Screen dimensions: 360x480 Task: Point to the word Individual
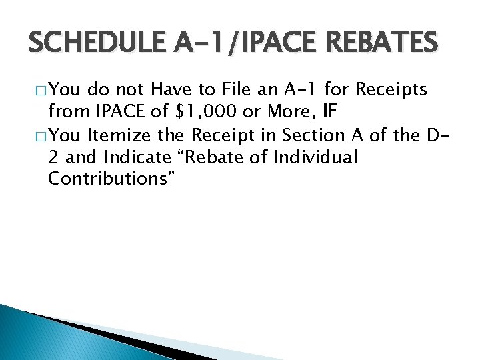click(317, 159)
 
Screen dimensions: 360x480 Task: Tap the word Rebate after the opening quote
click(222, 159)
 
